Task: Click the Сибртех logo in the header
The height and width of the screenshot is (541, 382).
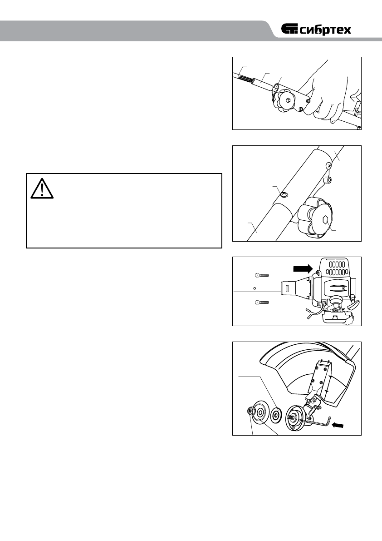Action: point(316,30)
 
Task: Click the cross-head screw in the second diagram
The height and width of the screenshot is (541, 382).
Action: point(328,166)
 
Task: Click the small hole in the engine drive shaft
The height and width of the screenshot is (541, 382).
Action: point(255,288)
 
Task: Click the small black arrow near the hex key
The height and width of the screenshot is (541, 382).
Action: point(338,425)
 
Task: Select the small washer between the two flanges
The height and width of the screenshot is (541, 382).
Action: point(274,415)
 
